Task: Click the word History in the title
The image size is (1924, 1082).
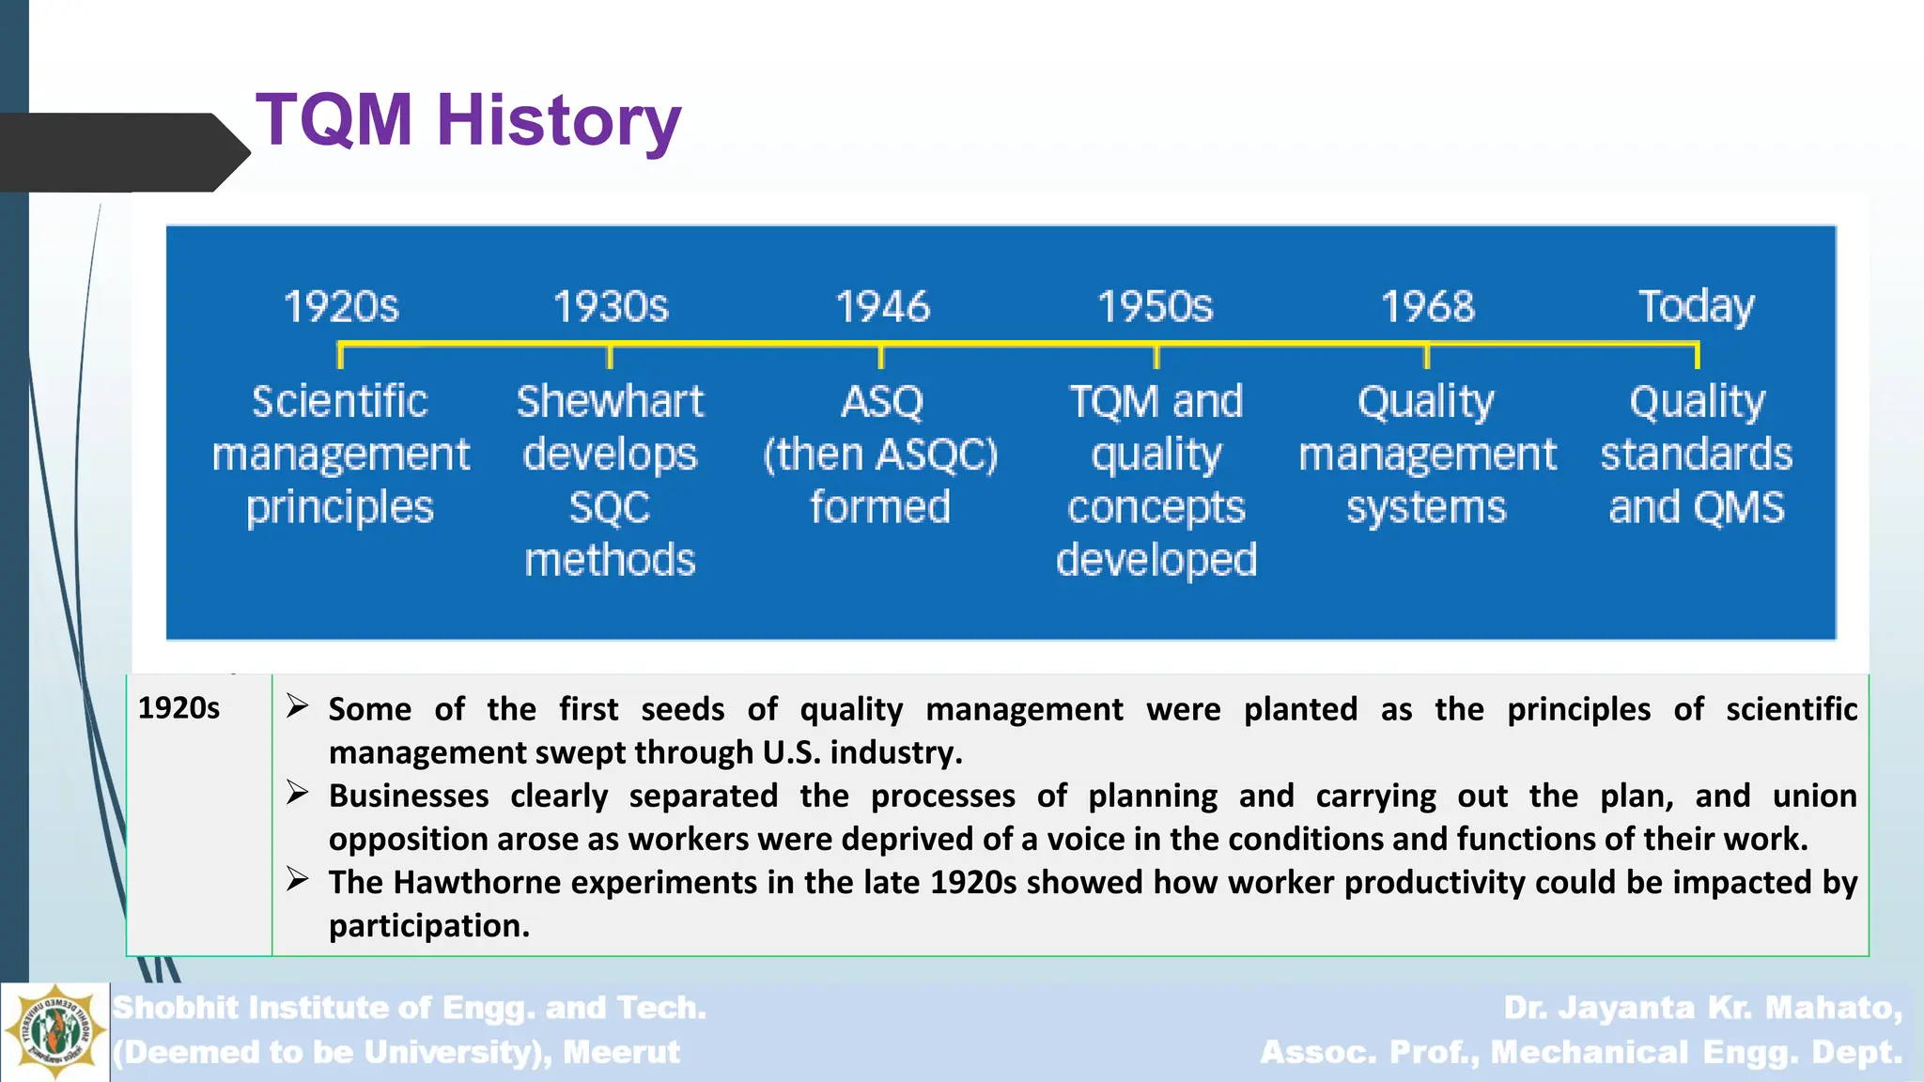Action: pos(559,120)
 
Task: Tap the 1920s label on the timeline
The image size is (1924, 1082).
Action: pos(341,307)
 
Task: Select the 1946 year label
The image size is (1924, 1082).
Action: pos(882,307)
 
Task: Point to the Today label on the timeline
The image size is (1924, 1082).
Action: pos(1696,307)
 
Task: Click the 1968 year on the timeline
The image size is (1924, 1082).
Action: pos(1427,307)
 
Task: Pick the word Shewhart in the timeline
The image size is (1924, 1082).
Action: pos(610,402)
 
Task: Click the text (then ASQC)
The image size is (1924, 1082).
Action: pos(880,455)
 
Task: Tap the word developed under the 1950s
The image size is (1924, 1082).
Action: pos(1156,560)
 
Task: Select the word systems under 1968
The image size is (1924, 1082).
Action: pos(1426,507)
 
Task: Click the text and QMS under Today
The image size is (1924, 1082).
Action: pos(1696,507)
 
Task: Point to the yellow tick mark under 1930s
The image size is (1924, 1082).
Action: pos(610,356)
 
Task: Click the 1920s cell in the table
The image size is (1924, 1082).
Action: pos(178,708)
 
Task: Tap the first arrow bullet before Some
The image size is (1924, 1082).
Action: pos(298,706)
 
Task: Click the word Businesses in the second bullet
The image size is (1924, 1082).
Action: pos(409,796)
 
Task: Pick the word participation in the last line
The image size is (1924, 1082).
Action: pos(428,926)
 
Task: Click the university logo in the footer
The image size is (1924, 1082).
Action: pos(54,1032)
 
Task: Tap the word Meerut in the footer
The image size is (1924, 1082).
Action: pos(621,1052)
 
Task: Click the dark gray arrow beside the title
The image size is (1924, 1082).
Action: pos(122,152)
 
